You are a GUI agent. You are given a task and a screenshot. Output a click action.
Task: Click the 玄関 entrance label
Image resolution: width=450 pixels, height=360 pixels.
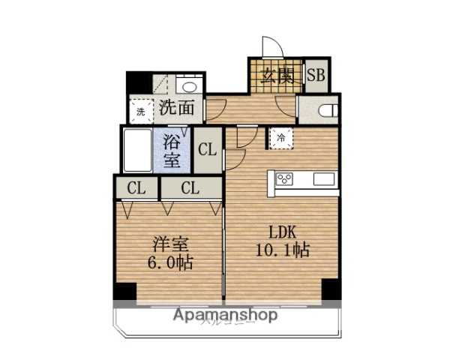(x=275, y=76)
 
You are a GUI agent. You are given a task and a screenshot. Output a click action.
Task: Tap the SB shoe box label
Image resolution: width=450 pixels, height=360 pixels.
(x=316, y=76)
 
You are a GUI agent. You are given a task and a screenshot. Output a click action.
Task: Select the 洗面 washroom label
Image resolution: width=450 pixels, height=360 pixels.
(x=178, y=107)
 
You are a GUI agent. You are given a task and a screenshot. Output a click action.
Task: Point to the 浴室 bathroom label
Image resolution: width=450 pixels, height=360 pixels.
(x=172, y=149)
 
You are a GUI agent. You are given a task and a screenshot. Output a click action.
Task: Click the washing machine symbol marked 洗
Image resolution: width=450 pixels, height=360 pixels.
(x=140, y=111)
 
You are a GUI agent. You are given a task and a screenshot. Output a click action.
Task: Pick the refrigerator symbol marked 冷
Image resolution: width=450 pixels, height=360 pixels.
(x=280, y=137)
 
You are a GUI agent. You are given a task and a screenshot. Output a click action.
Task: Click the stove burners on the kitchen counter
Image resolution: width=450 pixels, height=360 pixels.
(x=286, y=178)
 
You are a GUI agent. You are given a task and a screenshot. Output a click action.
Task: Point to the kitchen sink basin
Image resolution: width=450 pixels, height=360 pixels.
(x=325, y=178)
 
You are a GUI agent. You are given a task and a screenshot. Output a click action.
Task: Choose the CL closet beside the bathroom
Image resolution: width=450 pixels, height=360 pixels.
(x=207, y=149)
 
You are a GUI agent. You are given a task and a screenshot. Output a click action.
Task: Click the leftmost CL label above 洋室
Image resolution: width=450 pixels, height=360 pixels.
(x=136, y=187)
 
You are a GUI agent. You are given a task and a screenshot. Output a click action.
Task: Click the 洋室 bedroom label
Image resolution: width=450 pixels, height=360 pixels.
(x=170, y=244)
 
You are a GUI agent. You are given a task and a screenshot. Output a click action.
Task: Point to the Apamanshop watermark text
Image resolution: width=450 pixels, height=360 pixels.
(x=225, y=315)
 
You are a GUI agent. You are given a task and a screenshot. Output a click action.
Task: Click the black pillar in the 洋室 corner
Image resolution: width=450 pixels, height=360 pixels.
(x=124, y=291)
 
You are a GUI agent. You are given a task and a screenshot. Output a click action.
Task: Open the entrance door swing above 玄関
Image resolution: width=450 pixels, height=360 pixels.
(x=271, y=47)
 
